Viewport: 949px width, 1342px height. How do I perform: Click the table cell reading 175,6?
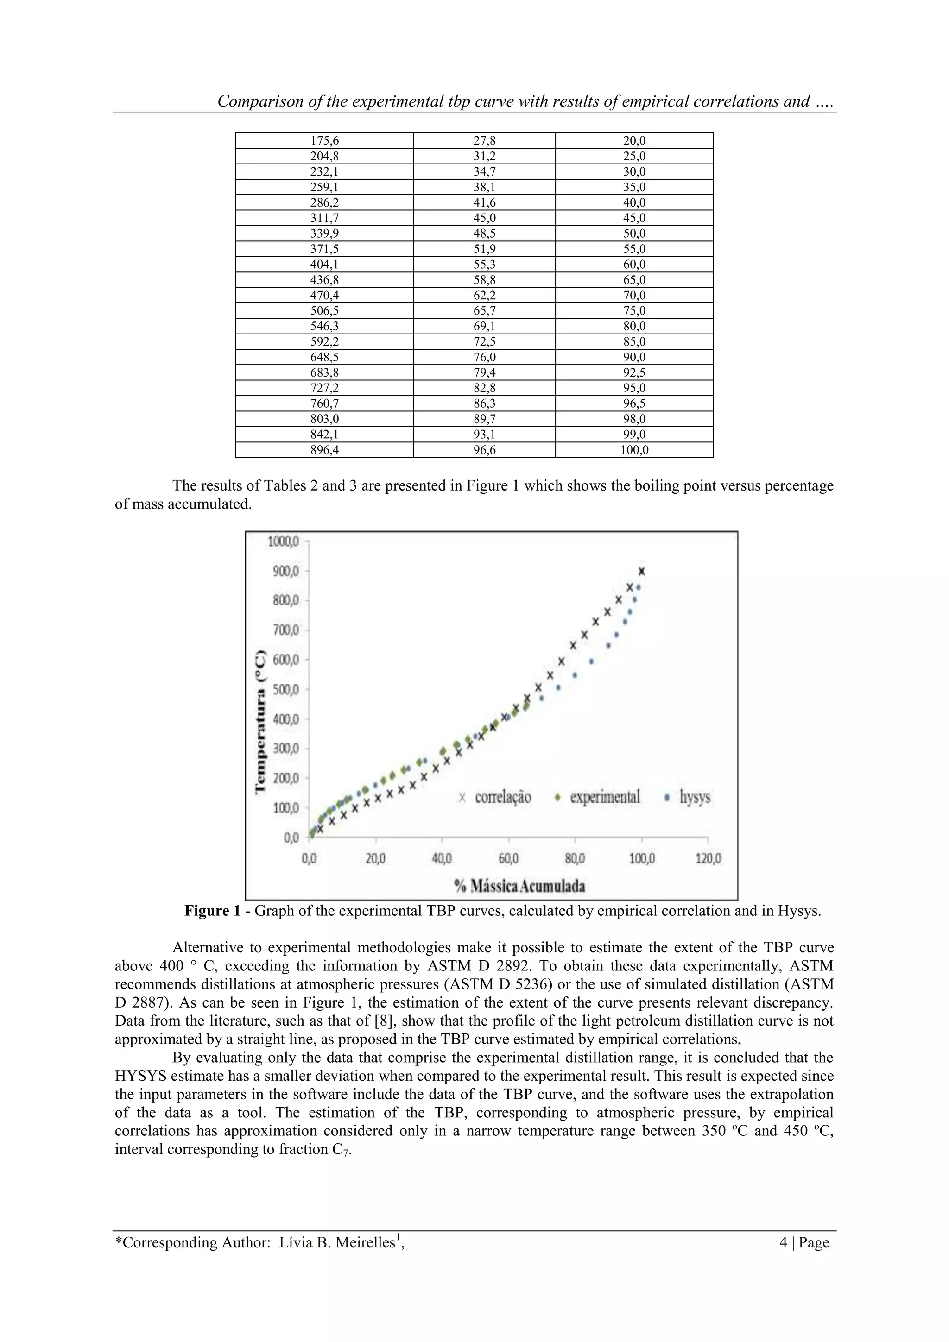click(324, 141)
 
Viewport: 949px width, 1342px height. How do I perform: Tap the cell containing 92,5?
click(634, 373)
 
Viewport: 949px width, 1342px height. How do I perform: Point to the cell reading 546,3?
click(324, 326)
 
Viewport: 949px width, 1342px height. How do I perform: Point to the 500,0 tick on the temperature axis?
click(286, 689)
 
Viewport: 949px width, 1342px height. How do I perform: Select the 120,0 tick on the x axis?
click(708, 859)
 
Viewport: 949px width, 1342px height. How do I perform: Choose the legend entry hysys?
click(695, 797)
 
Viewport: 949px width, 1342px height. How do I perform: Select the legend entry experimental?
click(605, 797)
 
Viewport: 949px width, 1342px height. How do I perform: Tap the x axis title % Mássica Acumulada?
click(520, 886)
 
